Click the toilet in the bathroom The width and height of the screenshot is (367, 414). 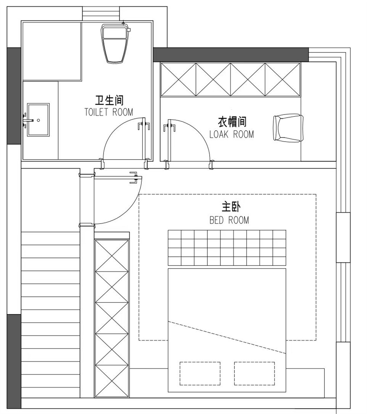click(x=115, y=43)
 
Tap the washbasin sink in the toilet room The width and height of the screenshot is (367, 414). click(x=38, y=120)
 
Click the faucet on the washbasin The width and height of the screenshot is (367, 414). click(x=28, y=120)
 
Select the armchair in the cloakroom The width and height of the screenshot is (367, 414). click(x=288, y=128)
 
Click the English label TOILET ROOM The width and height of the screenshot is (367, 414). click(x=109, y=112)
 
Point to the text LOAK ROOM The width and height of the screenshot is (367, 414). click(x=232, y=135)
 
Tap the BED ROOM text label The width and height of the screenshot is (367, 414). click(x=229, y=220)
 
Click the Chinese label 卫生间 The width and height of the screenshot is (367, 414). click(x=109, y=100)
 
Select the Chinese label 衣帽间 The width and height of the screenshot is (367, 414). click(x=232, y=122)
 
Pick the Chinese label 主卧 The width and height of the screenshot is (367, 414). click(x=231, y=207)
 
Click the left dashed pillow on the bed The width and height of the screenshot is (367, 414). click(x=200, y=374)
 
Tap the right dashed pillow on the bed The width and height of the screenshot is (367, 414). click(x=254, y=374)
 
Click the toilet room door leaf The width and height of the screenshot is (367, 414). click(x=144, y=141)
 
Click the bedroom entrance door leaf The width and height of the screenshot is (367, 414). click(x=118, y=178)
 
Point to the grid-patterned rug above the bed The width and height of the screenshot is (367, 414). click(x=227, y=248)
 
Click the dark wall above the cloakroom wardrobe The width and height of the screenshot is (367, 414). click(x=231, y=54)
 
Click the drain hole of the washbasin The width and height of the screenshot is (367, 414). click(x=38, y=120)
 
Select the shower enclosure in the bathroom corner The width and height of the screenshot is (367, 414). click(x=52, y=51)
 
